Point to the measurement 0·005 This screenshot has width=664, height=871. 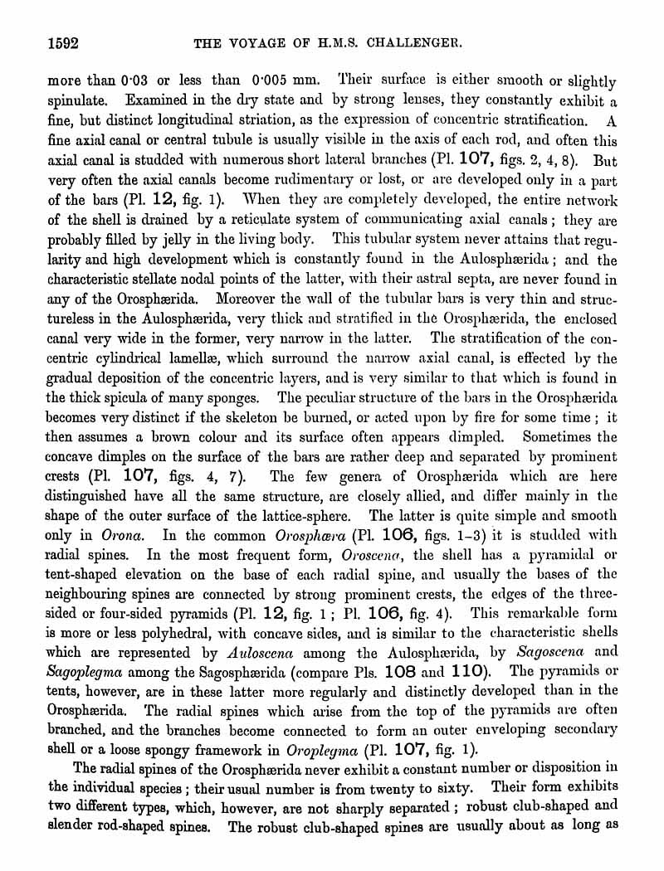[x=275, y=81]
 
